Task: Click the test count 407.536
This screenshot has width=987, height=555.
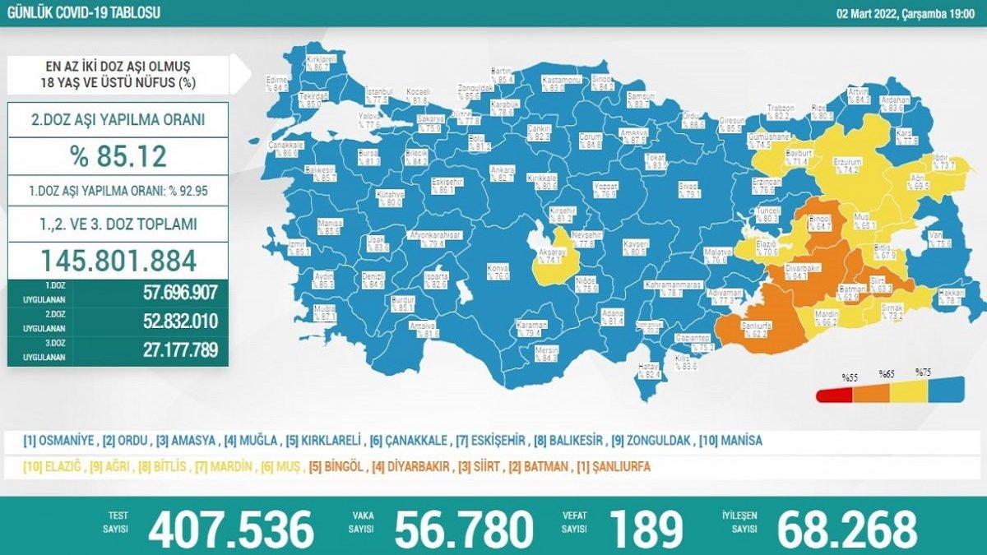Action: pos(231,528)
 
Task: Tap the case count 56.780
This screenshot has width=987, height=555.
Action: pos(465,528)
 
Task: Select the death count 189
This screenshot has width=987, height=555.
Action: pos(647,528)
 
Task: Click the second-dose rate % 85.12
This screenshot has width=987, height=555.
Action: pos(118,155)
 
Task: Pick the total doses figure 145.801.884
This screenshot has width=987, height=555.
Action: pos(118,261)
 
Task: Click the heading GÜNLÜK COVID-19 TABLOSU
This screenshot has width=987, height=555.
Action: pos(83,12)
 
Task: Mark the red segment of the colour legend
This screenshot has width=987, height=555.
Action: pos(835,395)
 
